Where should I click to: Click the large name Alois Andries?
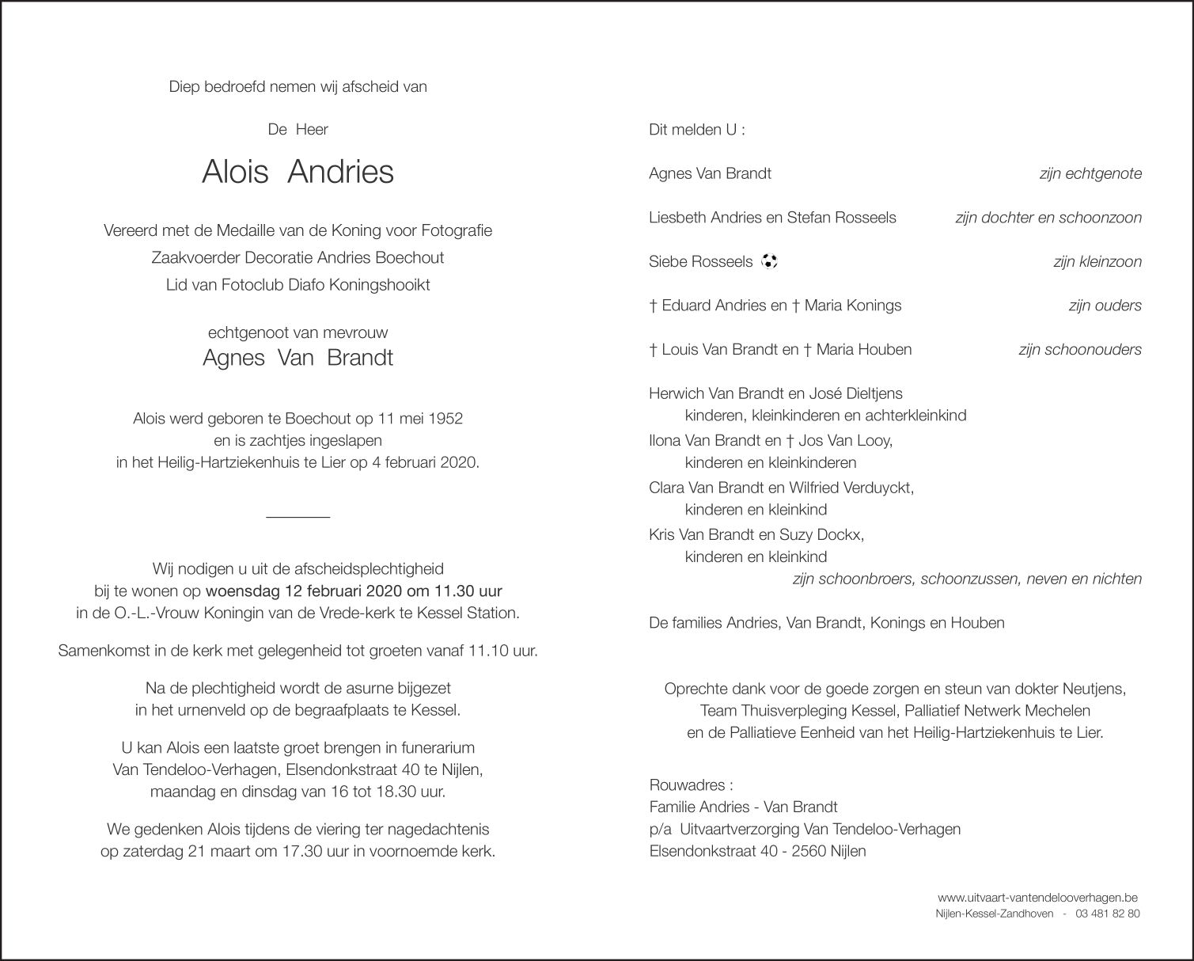pos(298,172)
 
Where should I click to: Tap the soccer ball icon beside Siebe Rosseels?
pos(769,261)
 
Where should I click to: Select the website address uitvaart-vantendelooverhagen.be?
pos(1037,898)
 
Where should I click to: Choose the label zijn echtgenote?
pos(1090,173)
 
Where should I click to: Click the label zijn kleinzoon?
pos(1097,261)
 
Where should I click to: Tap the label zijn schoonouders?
pos(1080,349)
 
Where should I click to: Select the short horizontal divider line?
pos(298,518)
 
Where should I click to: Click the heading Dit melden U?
pos(696,130)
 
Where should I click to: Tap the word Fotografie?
pos(456,230)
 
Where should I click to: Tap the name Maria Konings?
pos(852,306)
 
